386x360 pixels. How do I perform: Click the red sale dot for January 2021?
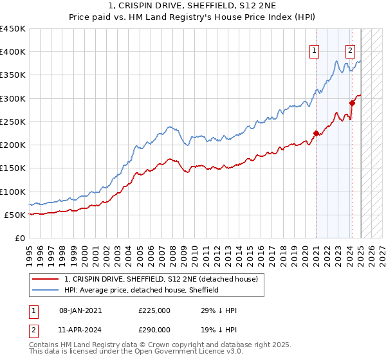[316, 133]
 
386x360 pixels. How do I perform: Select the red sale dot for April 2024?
[353, 103]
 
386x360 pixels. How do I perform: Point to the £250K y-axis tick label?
[13, 122]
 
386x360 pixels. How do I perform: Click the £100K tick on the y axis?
[13, 192]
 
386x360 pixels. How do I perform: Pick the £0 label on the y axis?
[20, 238]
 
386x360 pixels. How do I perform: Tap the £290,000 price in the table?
[154, 329]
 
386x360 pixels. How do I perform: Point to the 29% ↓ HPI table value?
[219, 310]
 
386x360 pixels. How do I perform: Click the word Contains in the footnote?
[44, 346]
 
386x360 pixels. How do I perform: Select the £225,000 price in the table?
[154, 310]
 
